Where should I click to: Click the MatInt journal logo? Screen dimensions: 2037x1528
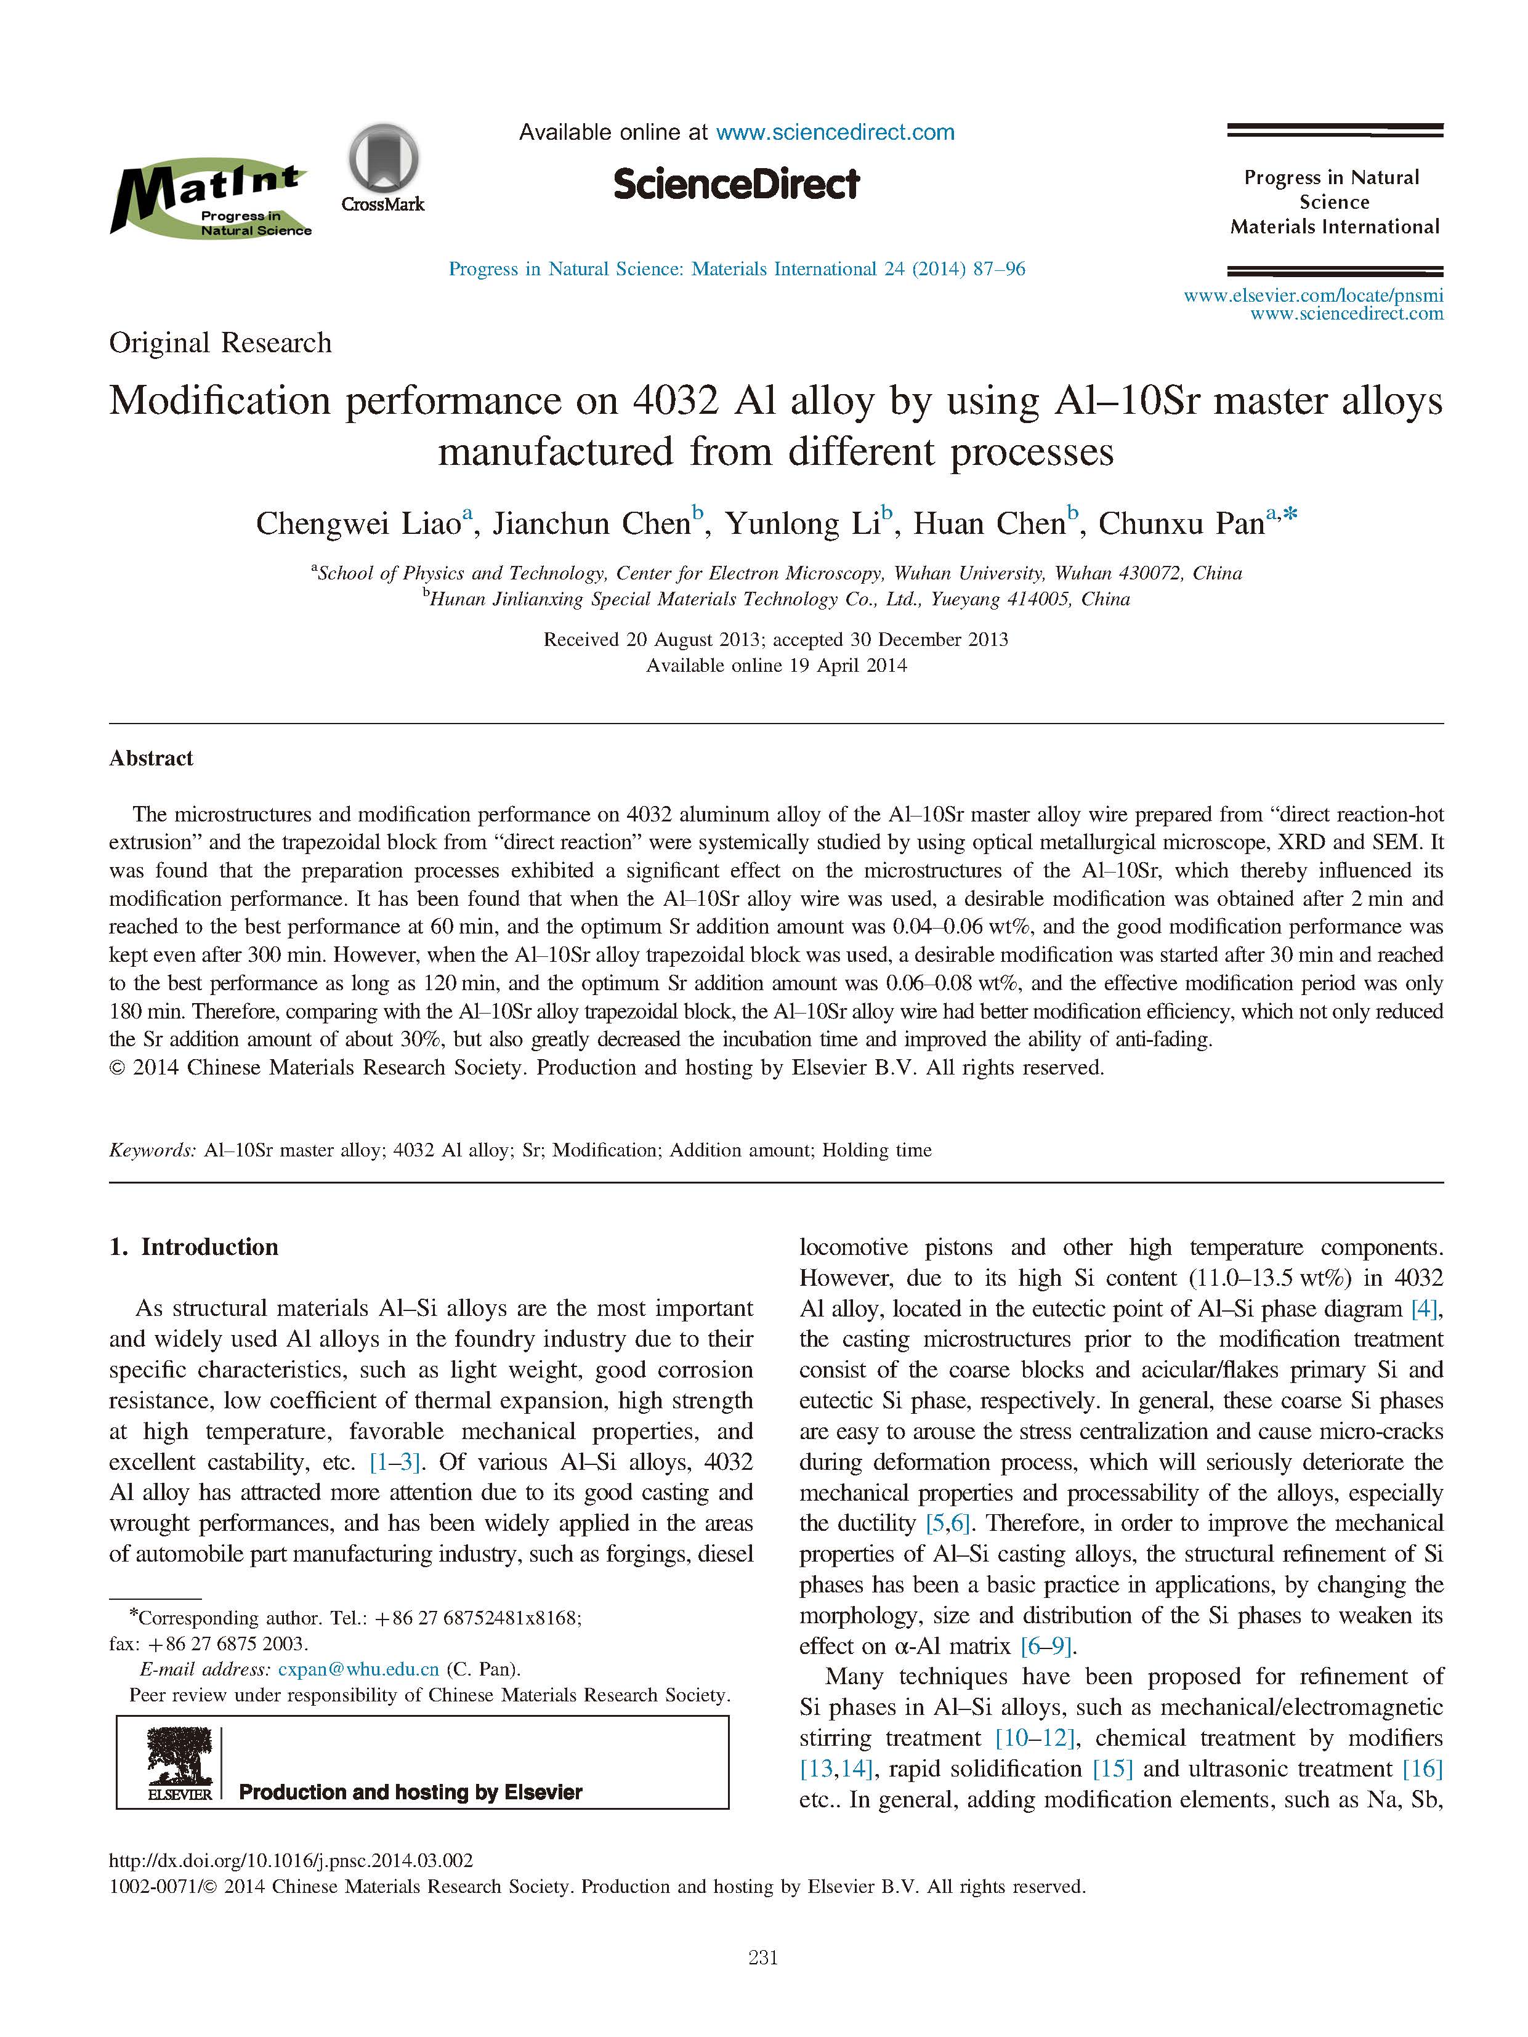[x=210, y=201]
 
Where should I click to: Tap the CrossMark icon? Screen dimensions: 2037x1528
[x=383, y=169]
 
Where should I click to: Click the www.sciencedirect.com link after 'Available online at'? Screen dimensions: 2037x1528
[x=835, y=132]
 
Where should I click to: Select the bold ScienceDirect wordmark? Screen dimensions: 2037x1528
[x=736, y=184]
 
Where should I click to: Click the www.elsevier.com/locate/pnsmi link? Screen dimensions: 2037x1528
[x=1312, y=296]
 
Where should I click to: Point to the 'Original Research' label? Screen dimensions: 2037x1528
[x=220, y=342]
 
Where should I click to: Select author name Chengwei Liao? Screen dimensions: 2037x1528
[x=357, y=523]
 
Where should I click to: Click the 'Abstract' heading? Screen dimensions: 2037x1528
[x=151, y=758]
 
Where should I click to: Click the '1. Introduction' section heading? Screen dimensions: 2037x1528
[x=193, y=1247]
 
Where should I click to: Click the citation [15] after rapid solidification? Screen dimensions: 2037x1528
[x=1112, y=1769]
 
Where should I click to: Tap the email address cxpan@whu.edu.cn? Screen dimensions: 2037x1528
[x=358, y=1669]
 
